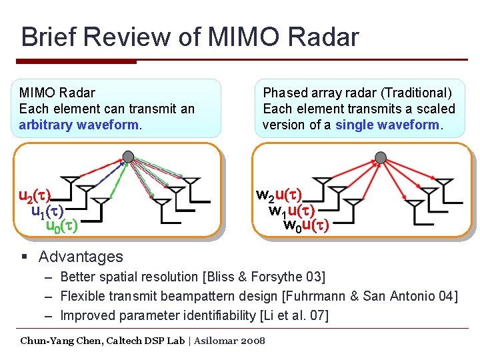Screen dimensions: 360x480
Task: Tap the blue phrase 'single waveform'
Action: [x=387, y=125]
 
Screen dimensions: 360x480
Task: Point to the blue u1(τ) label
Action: [x=47, y=211]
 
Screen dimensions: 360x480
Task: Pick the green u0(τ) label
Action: [x=61, y=226]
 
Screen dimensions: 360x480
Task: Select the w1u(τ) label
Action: [x=292, y=211]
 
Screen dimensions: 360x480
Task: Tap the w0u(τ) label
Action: [x=306, y=225]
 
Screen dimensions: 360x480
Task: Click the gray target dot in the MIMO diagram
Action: [x=128, y=157]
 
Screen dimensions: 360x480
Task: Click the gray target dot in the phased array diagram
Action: [x=381, y=157]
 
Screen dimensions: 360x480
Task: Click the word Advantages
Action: [x=81, y=257]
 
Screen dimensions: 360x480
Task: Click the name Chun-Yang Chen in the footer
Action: [x=62, y=341]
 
